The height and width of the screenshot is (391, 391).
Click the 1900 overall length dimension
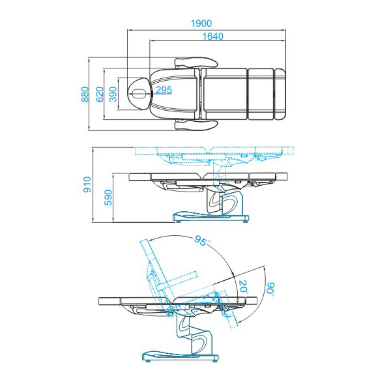(201, 23)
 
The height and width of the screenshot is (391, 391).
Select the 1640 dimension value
(212, 36)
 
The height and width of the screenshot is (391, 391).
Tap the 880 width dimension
(85, 94)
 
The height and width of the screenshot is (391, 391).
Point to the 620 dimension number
(100, 94)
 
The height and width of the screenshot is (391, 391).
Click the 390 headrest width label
(113, 94)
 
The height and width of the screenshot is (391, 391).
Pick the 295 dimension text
(164, 90)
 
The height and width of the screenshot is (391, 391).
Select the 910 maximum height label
(87, 184)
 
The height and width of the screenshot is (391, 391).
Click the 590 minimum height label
(108, 197)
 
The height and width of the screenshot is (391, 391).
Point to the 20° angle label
(243, 287)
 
